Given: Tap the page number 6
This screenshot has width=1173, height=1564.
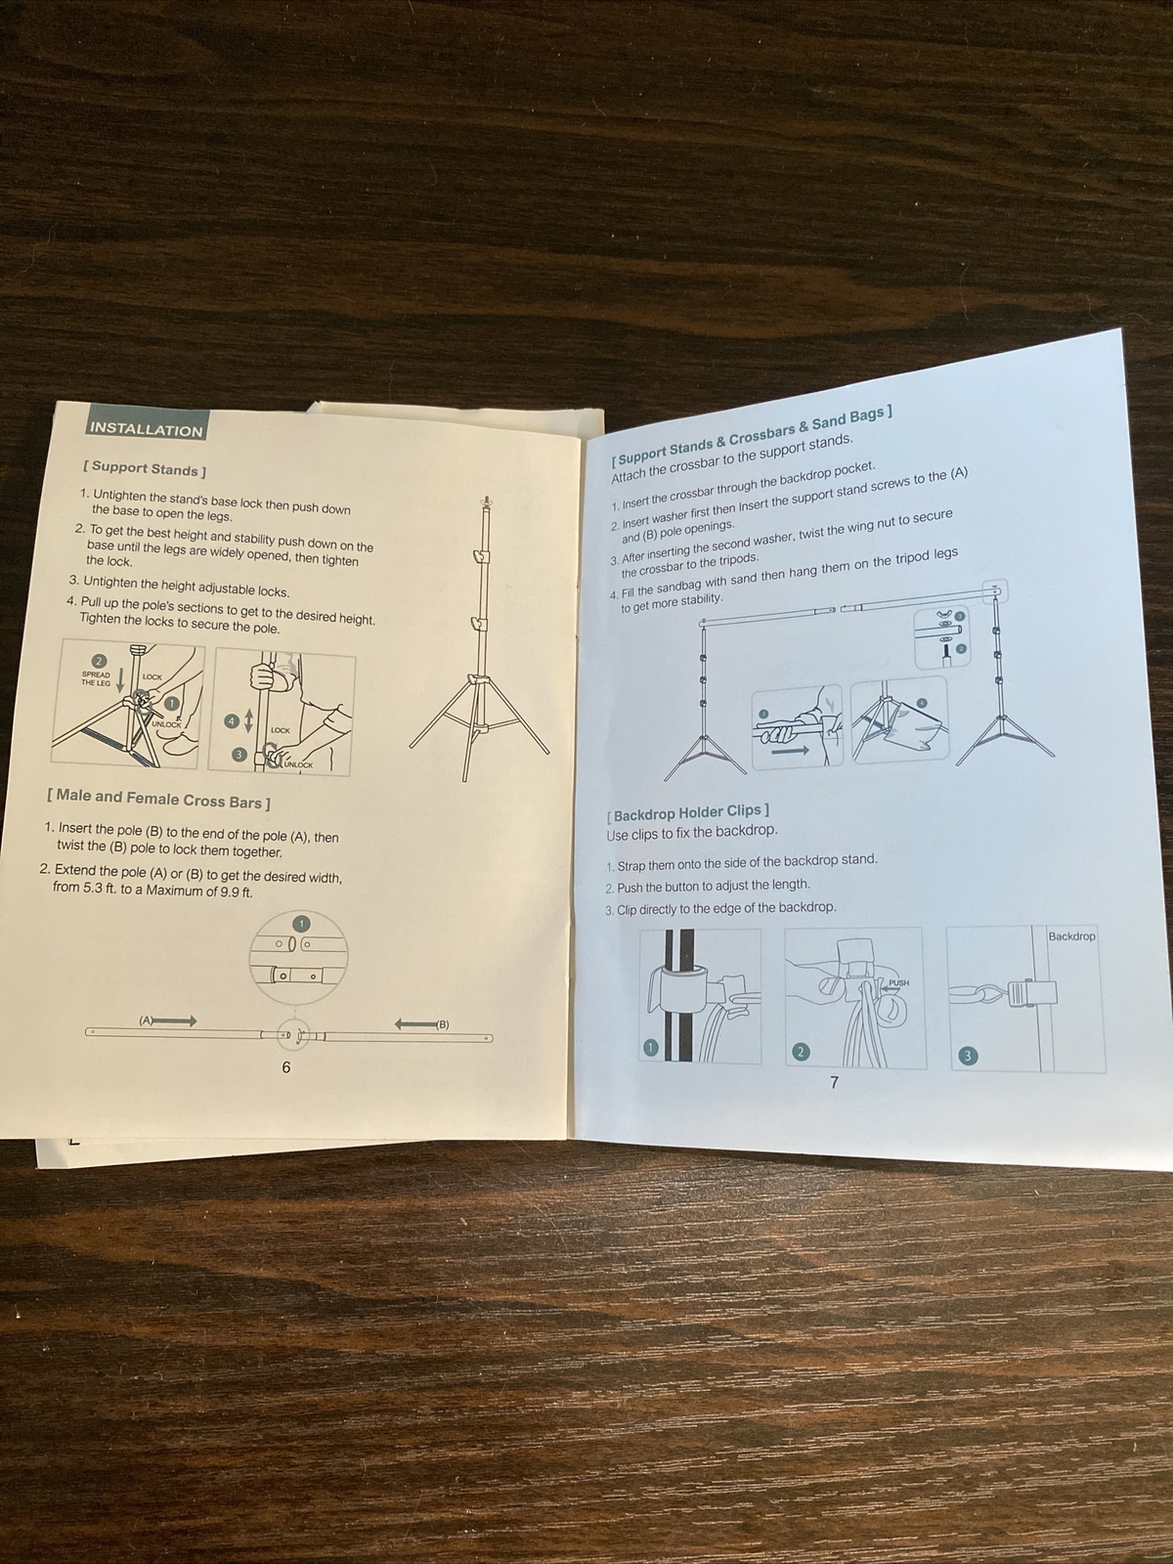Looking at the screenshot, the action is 286,1066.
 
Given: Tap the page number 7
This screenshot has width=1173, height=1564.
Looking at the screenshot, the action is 834,1082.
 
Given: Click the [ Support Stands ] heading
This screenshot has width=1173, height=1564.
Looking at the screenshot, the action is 145,469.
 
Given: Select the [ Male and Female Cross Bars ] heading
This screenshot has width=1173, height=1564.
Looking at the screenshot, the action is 158,799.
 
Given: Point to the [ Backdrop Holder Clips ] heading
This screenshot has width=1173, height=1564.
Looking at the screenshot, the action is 687,812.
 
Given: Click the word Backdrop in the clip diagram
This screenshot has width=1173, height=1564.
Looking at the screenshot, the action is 1071,935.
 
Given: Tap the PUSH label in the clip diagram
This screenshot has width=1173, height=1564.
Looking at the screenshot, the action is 898,982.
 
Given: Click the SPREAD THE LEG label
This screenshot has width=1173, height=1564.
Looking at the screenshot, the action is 96,678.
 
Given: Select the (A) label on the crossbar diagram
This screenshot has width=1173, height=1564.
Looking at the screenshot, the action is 147,1021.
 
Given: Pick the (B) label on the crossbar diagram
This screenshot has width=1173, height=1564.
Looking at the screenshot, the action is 442,1024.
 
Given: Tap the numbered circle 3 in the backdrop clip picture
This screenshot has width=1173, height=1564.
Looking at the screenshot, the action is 967,1056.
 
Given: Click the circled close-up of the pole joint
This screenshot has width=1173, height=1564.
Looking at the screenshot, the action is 298,958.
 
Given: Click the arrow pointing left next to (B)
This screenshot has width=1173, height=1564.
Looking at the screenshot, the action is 416,1023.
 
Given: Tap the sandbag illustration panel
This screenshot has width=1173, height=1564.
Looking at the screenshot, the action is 898,718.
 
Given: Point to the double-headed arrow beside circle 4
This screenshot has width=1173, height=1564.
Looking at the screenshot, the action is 248,722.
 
